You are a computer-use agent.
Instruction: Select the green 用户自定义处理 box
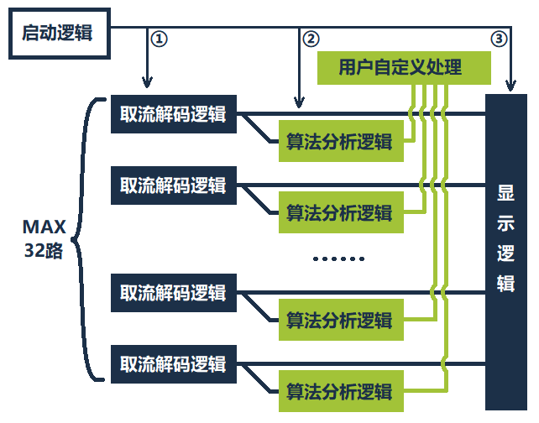coord(389,67)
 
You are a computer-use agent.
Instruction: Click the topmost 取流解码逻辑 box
coord(174,114)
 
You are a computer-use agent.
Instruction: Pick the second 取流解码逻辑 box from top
coord(174,185)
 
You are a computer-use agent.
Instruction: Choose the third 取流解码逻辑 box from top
coord(174,292)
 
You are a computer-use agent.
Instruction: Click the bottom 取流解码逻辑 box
coord(174,363)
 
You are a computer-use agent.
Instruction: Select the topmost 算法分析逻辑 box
coord(340,142)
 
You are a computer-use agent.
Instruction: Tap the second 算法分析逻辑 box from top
coord(340,212)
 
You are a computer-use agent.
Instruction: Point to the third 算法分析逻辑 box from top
coord(340,320)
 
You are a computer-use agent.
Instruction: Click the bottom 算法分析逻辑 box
coord(340,391)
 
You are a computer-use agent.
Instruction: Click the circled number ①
coord(157,39)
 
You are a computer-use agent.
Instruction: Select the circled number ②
coord(311,39)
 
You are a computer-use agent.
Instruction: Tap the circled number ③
coord(499,39)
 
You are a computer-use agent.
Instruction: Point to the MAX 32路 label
coord(44,238)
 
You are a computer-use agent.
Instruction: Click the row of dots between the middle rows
coord(339,258)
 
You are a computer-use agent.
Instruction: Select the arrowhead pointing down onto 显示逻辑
coord(510,86)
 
